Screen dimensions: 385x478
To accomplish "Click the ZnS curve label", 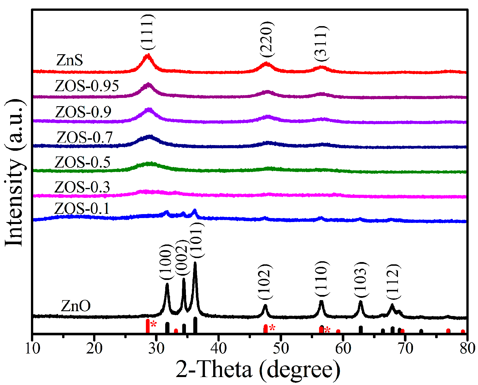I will pos(70,60).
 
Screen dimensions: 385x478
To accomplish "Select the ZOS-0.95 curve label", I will pos(87,86).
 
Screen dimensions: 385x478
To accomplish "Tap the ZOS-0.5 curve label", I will pos(82,162).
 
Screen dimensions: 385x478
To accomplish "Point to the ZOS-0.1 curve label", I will pos(82,208).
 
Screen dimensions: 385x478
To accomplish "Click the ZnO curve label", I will pos(76,306).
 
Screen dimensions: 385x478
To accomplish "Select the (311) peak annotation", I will pos(321,43).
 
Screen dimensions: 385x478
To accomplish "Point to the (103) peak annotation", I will pos(361,280).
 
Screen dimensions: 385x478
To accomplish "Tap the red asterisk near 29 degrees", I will pos(154,324).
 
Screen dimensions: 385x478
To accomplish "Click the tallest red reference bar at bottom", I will pos(148,326).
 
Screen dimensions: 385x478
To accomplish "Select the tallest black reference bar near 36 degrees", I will pos(195,325).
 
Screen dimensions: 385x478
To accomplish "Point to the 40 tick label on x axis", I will pos(219,348).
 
